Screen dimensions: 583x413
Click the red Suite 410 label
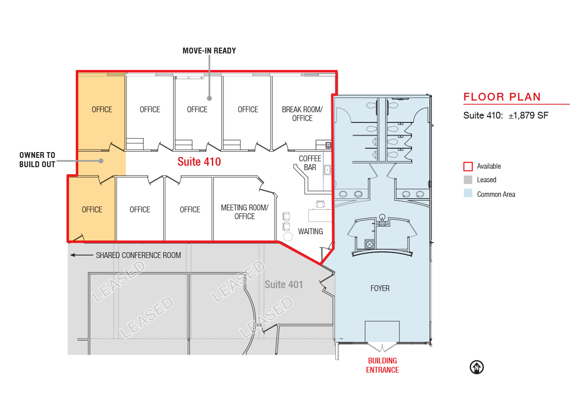(x=199, y=162)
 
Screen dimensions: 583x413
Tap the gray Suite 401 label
(x=284, y=284)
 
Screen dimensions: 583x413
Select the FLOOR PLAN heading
(x=502, y=97)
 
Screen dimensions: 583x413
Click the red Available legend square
(x=468, y=166)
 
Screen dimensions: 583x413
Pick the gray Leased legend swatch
(x=468, y=180)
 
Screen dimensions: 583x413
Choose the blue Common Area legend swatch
(x=468, y=193)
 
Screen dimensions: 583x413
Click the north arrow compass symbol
(x=477, y=367)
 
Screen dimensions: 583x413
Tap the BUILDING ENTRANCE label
(x=382, y=365)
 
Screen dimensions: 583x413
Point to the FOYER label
(x=380, y=288)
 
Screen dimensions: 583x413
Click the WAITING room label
(x=310, y=231)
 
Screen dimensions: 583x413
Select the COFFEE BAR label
(x=310, y=163)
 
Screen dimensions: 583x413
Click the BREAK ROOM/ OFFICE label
(x=302, y=114)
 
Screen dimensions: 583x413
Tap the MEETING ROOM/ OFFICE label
(x=245, y=212)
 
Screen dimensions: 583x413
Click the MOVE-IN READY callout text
(x=209, y=51)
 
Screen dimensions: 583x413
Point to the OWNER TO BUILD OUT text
(x=37, y=160)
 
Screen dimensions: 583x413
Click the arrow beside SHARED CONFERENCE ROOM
(x=82, y=255)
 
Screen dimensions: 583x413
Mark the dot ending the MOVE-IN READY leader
(x=209, y=98)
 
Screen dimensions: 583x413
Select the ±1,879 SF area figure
(x=529, y=115)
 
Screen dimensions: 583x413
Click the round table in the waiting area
(x=288, y=237)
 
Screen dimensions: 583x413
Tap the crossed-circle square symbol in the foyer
(x=370, y=244)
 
